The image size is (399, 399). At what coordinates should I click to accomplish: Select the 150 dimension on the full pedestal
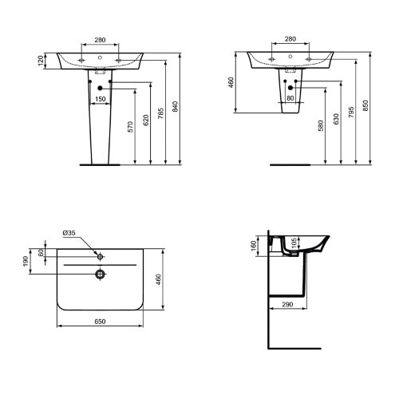(101, 99)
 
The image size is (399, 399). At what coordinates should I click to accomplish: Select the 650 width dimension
(99, 321)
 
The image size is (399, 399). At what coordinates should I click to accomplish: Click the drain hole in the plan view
(99, 275)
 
